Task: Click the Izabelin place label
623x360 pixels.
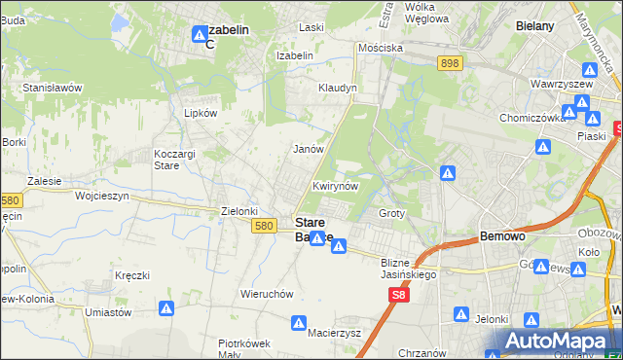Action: [294, 55]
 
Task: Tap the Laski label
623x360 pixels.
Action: [311, 27]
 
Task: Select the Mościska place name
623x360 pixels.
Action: [380, 47]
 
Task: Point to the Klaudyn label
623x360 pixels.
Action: [338, 88]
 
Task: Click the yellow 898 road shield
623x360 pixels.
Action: [449, 63]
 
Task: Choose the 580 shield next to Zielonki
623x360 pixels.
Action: [262, 225]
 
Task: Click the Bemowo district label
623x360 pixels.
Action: [503, 235]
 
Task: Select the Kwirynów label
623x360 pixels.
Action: [337, 185]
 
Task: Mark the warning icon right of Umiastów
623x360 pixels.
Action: [167, 308]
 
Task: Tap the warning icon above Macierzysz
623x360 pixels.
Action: [301, 320]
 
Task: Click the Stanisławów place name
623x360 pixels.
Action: [53, 87]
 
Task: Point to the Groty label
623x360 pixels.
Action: [391, 212]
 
